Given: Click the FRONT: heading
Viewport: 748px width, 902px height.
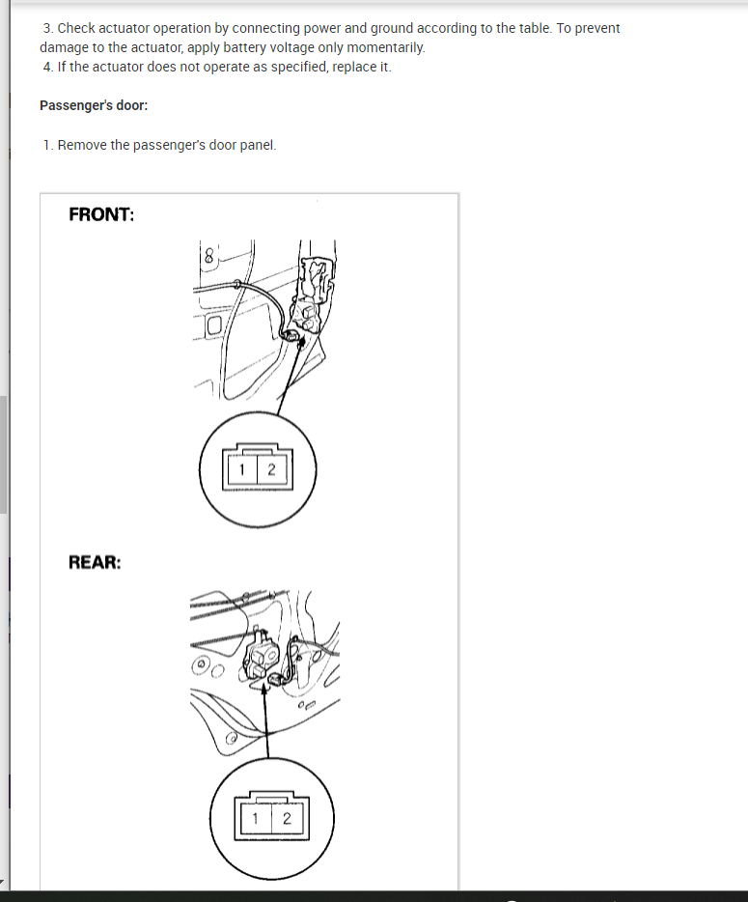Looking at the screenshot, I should [x=101, y=214].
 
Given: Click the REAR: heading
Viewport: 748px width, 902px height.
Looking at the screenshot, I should [x=95, y=561].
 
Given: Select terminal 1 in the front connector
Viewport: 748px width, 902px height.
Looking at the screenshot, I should [x=242, y=470].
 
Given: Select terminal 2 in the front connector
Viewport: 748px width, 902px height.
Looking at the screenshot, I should [x=271, y=470].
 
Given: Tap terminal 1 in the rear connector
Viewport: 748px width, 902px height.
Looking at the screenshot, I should [x=256, y=818].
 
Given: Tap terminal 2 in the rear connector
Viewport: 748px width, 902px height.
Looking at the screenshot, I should [x=287, y=818].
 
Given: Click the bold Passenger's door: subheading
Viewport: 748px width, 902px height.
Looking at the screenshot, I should [x=94, y=105].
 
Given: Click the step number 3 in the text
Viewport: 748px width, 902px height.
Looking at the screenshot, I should [x=47, y=28].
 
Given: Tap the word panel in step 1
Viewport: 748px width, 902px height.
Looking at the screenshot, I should [x=257, y=145].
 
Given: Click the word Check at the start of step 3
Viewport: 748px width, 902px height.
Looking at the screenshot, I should [x=76, y=28].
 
